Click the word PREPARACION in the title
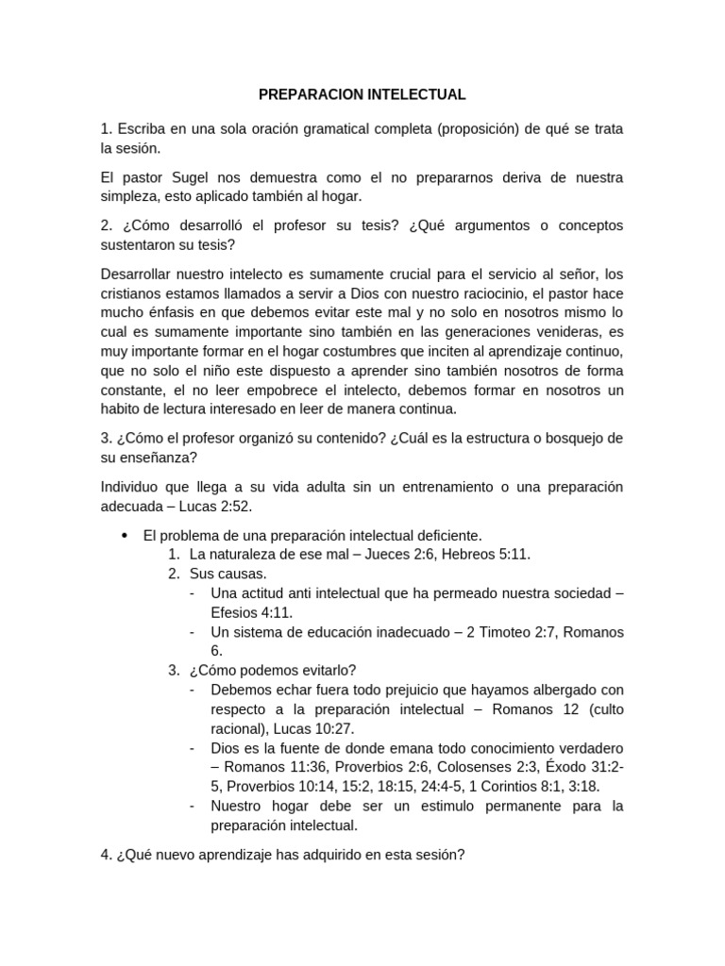click(305, 95)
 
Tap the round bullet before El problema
click(125, 535)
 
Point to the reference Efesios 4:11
click(252, 612)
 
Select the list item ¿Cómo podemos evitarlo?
click(273, 671)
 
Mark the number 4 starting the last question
click(105, 855)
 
